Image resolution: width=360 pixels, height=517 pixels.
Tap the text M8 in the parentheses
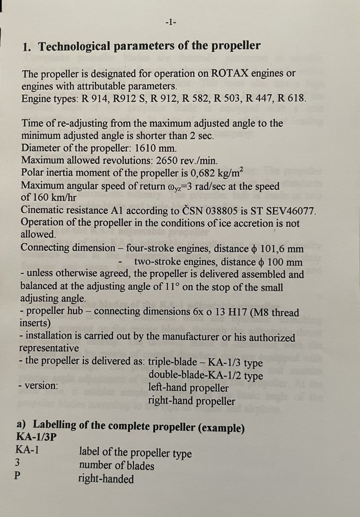click(259, 312)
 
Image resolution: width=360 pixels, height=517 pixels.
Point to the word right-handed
click(106, 479)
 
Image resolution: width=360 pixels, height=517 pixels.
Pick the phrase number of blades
click(116, 466)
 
